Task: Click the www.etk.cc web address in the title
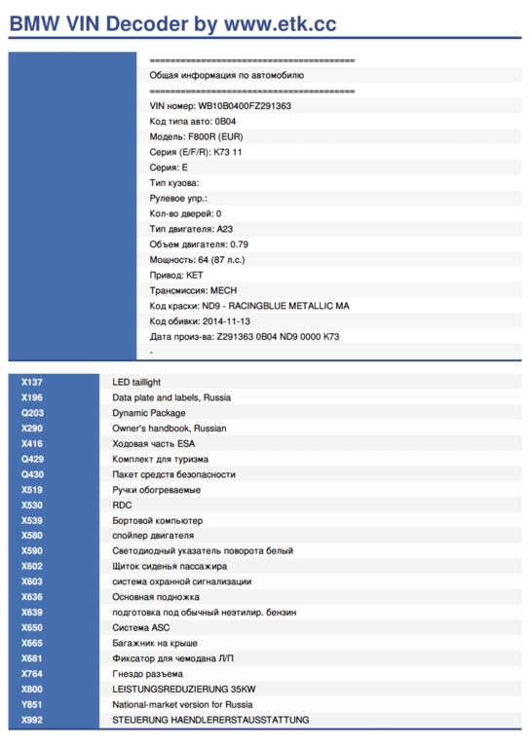[x=280, y=23]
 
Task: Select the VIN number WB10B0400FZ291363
[x=245, y=106]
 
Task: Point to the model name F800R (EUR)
[x=215, y=137]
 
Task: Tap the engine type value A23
[x=225, y=229]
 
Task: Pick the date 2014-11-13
[x=226, y=321]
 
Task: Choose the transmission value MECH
[x=224, y=290]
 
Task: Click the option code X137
[x=32, y=382]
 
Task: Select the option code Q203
[x=32, y=413]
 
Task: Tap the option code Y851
[x=32, y=704]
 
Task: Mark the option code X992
[x=32, y=720]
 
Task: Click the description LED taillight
[x=136, y=382]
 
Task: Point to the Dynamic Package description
[x=149, y=413]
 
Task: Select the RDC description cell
[x=122, y=505]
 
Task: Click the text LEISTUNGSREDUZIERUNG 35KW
[x=184, y=690]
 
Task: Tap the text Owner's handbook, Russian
[x=170, y=429]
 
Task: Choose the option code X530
[x=32, y=505]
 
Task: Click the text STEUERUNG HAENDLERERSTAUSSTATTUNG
[x=210, y=720]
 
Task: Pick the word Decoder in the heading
[x=147, y=23]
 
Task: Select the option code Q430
[x=32, y=474]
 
